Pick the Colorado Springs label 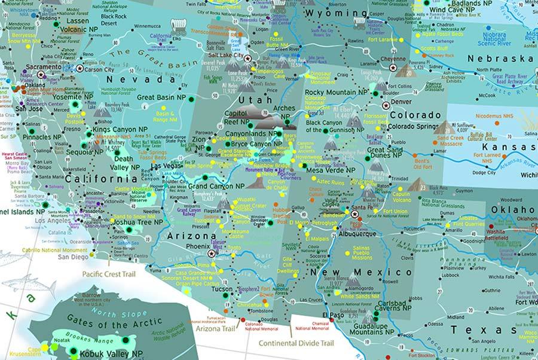point(416,127)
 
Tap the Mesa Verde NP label point(331,170)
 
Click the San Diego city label point(72,257)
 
